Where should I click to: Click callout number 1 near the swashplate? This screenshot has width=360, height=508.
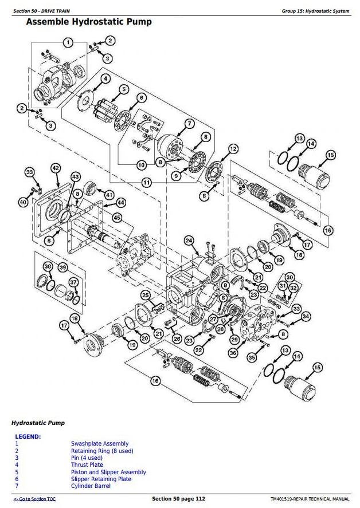point(68,42)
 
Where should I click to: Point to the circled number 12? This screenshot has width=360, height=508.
point(233,149)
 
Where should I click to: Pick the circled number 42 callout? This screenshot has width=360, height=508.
point(55,168)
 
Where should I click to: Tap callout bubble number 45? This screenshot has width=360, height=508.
point(117,218)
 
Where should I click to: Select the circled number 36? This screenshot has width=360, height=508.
point(233,353)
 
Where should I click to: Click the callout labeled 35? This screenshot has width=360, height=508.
point(252,357)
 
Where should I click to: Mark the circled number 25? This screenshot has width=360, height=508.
point(146,296)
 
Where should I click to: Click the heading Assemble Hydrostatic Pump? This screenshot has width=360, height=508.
point(89,22)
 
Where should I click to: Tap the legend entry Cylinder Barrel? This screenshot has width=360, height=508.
point(91,486)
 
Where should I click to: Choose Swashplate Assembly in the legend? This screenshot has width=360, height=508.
point(100,443)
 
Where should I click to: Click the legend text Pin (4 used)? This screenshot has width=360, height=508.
point(87,458)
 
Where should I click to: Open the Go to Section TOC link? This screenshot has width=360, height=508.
point(34,499)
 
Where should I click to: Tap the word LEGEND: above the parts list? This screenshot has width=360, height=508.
point(28,436)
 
